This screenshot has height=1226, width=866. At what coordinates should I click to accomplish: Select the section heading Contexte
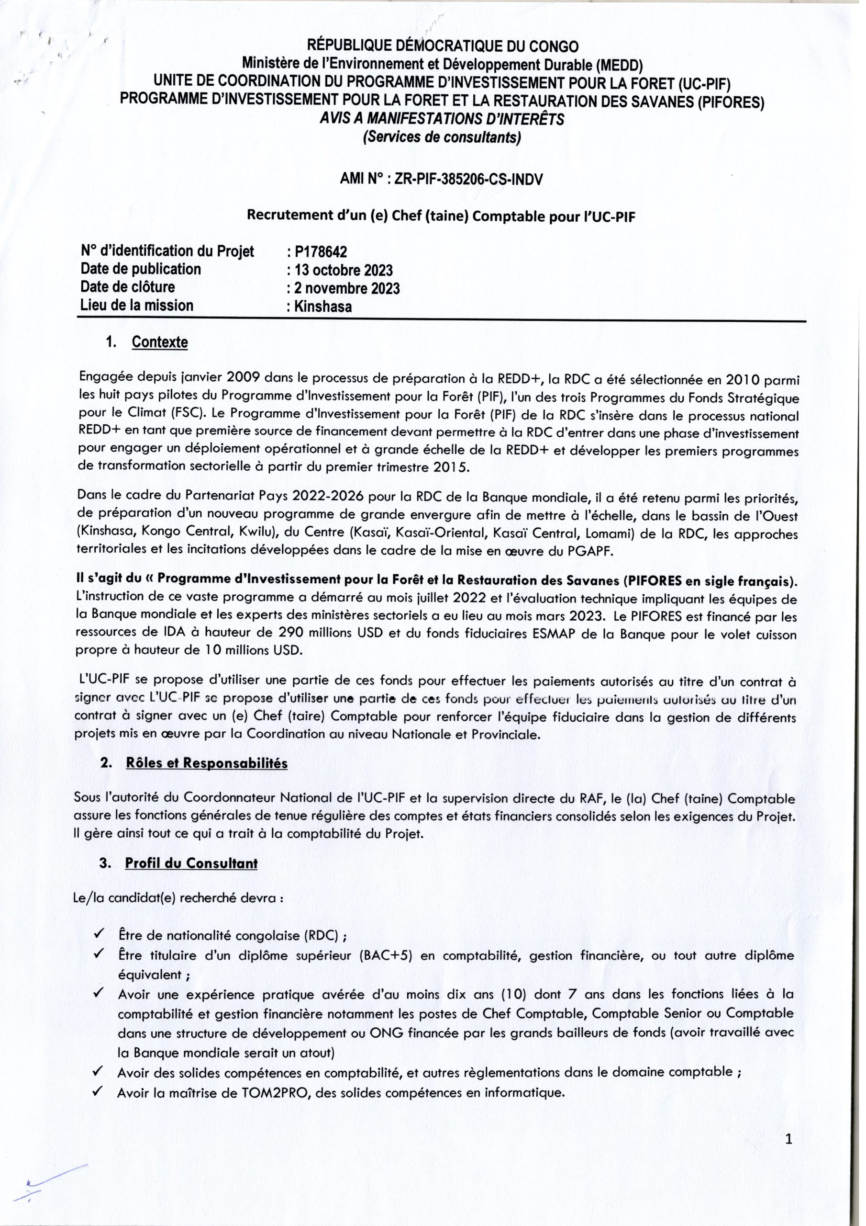click(159, 342)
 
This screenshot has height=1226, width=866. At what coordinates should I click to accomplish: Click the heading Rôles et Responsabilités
click(207, 763)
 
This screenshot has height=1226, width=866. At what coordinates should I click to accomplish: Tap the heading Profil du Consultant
click(191, 863)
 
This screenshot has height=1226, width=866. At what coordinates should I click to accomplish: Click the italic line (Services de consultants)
click(441, 138)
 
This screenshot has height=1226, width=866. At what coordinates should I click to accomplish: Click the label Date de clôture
click(128, 287)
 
